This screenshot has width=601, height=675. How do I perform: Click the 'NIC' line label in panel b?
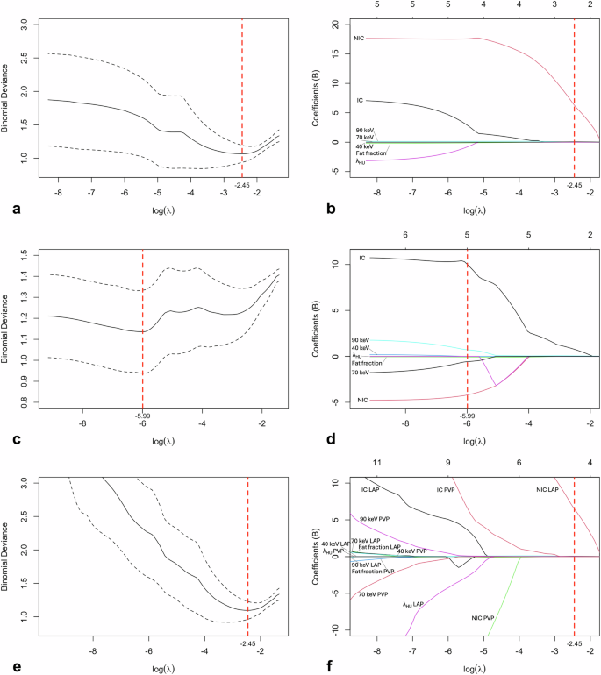coord(360,39)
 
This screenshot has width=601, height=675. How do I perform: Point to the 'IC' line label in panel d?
coord(362,259)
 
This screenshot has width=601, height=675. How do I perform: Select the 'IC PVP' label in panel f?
coord(448,489)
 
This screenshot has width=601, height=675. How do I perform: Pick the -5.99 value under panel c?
coord(143,417)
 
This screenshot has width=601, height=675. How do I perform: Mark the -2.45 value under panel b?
coord(574,186)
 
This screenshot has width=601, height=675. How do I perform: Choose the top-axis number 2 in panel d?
coord(590,234)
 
